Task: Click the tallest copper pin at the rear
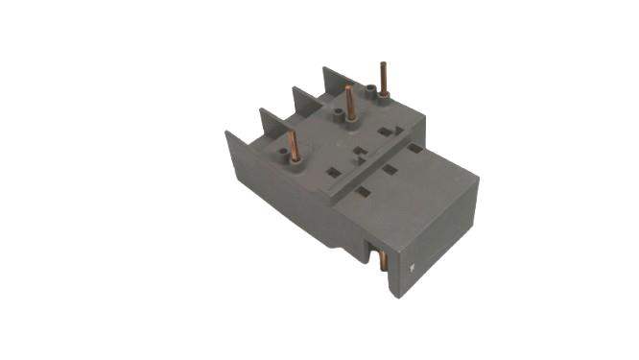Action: pos(384,79)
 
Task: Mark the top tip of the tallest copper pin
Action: pos(384,62)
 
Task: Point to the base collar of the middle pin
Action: pos(350,117)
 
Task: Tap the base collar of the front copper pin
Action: pos(295,159)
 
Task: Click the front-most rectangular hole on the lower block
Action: pos(363,192)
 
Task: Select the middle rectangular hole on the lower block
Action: pos(390,170)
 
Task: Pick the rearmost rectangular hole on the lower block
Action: pos(414,149)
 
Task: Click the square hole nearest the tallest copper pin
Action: pos(385,132)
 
